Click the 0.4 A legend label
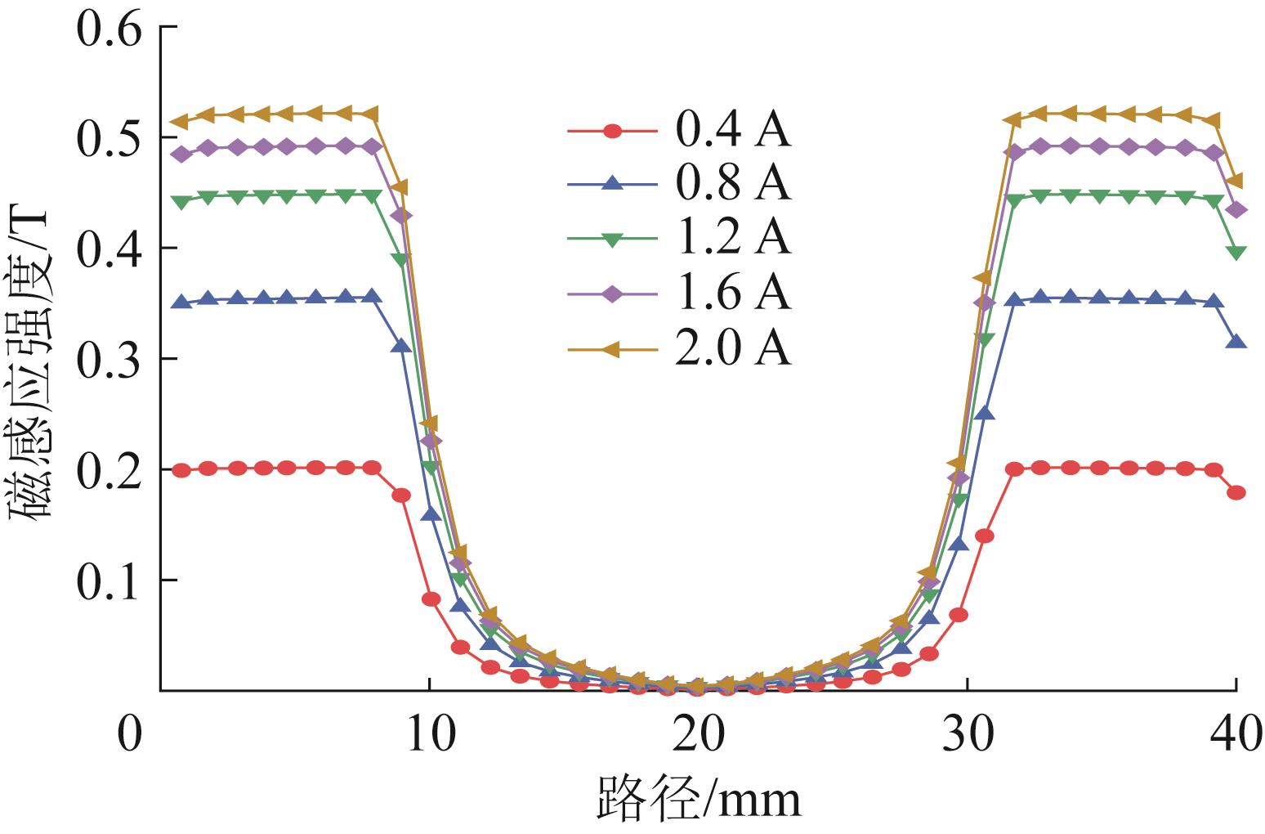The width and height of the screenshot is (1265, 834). pos(733,131)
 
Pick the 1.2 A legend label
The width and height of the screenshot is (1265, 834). pos(733,239)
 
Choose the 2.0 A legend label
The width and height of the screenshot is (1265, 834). pos(733,349)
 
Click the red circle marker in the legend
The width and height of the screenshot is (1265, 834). pos(612,131)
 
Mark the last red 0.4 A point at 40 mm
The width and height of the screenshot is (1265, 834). pos(1236,492)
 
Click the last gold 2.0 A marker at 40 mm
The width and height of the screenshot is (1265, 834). pos(1236,181)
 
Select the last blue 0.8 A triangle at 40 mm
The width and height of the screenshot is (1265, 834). pos(1236,342)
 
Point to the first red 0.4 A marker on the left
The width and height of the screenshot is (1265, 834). pos(181,470)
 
